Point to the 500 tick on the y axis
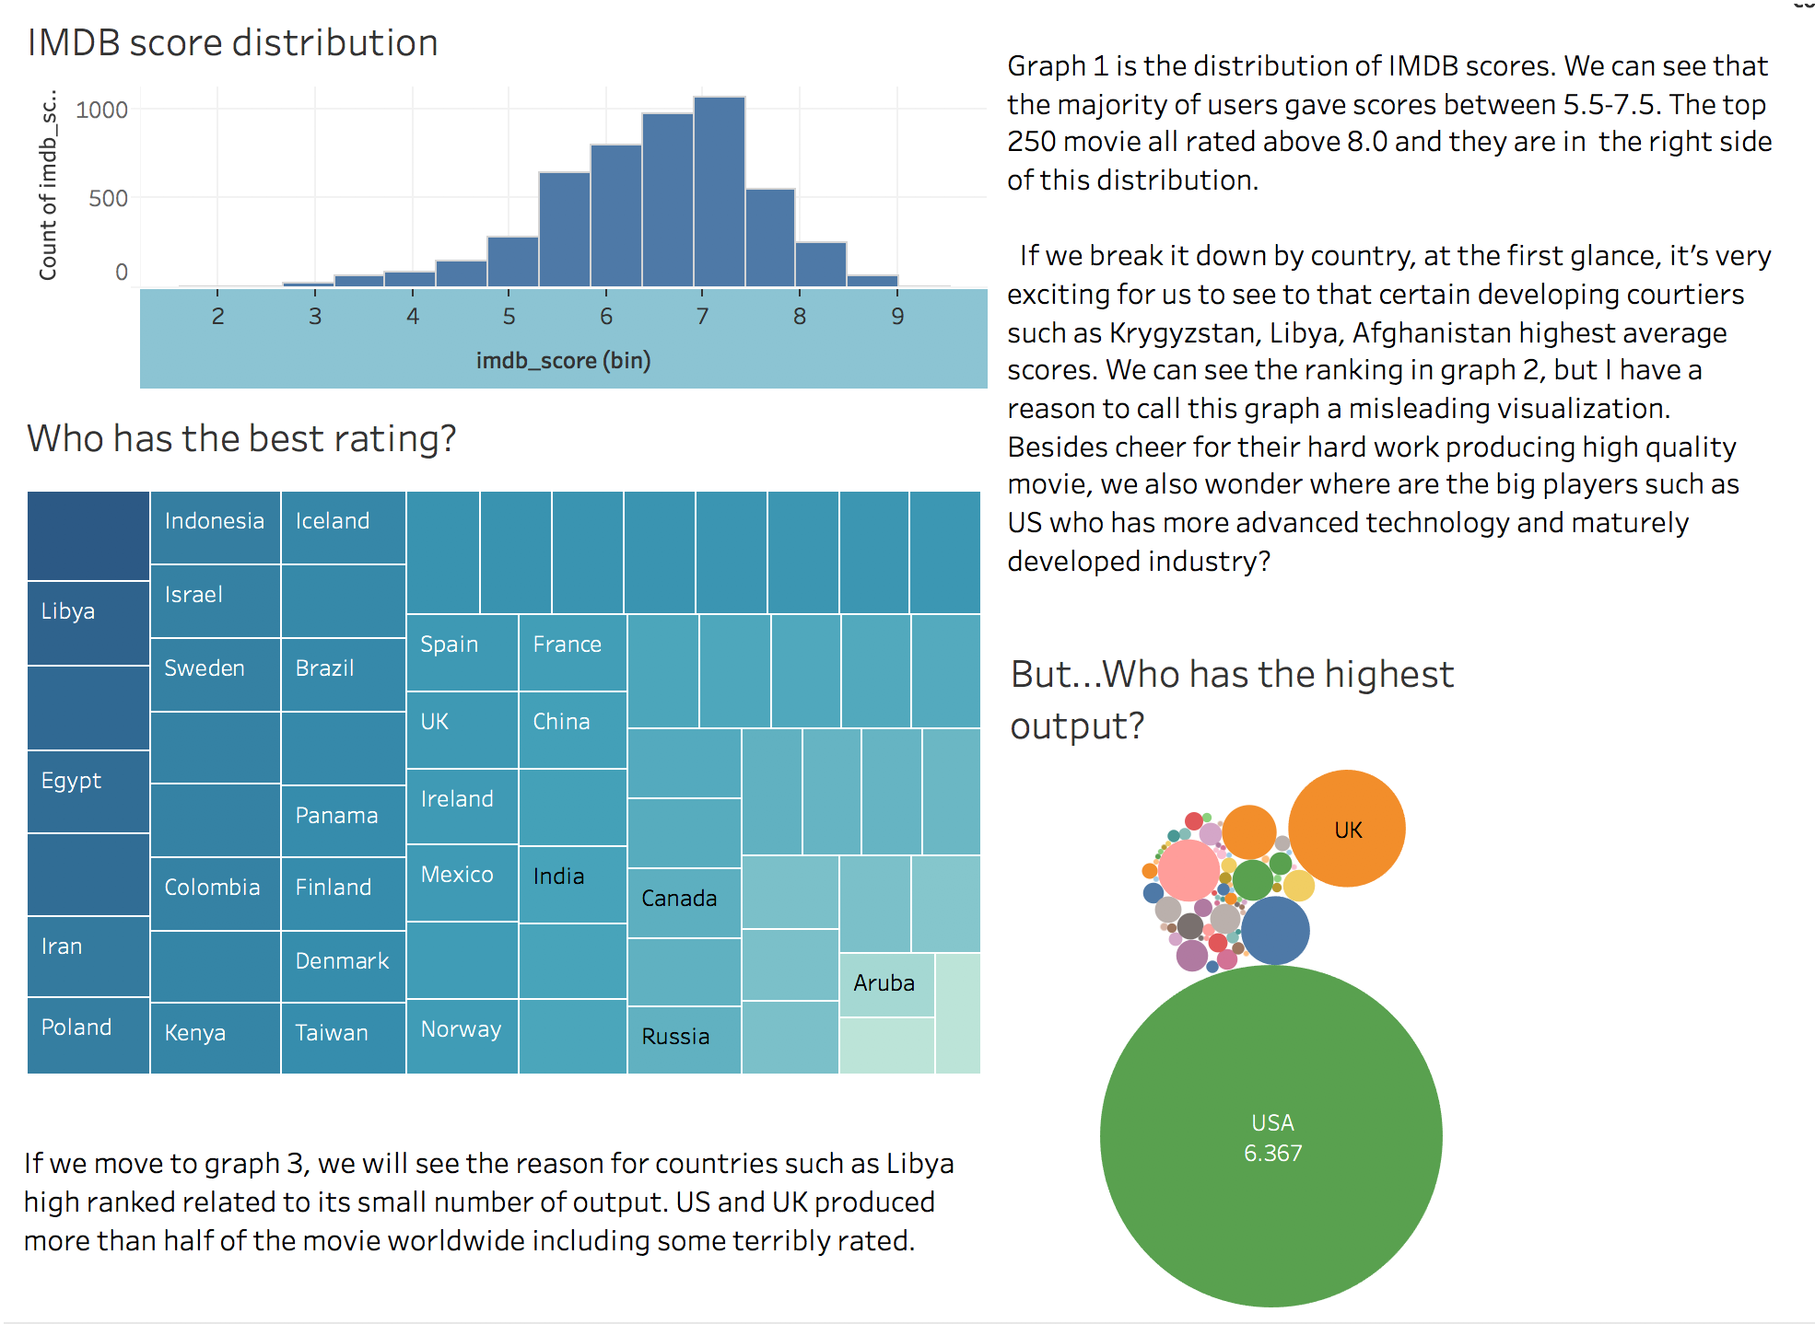coord(108,199)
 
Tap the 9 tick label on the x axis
coord(897,317)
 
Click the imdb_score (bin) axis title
coord(563,360)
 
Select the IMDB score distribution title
coord(232,43)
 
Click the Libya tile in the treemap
coord(88,622)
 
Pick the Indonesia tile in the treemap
coord(215,527)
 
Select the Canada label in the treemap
coord(679,899)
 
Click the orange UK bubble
coord(1347,829)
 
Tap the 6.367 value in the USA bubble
coord(1272,1154)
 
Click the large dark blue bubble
coord(1275,930)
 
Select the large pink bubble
coord(1189,870)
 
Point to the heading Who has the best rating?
coord(241,439)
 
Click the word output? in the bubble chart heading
coord(1077,726)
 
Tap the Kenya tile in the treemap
coord(215,1037)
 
